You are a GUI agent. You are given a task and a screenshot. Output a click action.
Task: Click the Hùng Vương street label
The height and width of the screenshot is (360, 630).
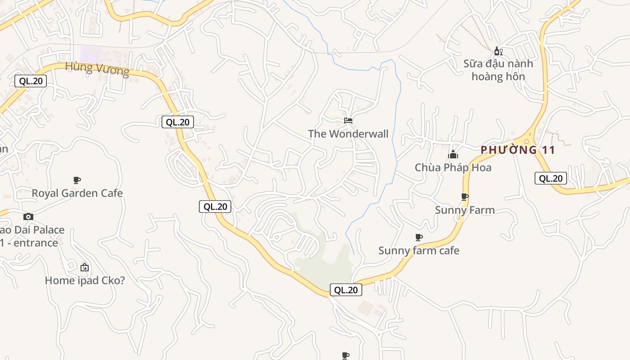tap(97, 69)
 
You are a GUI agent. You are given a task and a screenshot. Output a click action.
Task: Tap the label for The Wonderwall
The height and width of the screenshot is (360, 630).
tap(348, 134)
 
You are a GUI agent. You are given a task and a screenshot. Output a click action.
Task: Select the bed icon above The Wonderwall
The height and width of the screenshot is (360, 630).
tap(348, 121)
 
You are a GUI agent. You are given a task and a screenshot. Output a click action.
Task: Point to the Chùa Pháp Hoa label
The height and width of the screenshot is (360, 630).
tap(453, 167)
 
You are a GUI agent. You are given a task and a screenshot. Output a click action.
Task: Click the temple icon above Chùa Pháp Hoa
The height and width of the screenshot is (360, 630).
tap(453, 155)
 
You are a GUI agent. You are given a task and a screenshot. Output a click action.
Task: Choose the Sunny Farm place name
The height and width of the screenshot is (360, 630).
tap(464, 210)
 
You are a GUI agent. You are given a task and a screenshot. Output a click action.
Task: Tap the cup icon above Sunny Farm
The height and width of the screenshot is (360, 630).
tap(464, 197)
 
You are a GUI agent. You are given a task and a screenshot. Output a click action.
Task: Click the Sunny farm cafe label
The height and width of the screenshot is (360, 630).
tap(418, 250)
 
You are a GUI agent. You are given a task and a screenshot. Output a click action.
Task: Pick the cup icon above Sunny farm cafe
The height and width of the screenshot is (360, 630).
tap(418, 237)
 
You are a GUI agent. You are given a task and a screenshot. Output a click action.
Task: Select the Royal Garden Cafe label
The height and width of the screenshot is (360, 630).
tap(77, 193)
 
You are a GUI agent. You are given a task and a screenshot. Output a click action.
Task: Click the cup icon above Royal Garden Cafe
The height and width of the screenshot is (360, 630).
tap(77, 180)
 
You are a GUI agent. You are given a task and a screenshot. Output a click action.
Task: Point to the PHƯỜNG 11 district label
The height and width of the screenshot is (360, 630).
tap(518, 150)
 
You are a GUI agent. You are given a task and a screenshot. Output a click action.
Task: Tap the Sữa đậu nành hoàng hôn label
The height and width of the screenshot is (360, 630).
tap(498, 70)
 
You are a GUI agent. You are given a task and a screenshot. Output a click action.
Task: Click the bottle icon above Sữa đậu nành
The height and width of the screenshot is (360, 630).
tap(498, 51)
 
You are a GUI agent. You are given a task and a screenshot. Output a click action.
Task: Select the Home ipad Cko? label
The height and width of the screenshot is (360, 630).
tap(85, 280)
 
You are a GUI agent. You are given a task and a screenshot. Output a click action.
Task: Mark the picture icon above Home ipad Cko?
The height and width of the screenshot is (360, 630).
tap(84, 267)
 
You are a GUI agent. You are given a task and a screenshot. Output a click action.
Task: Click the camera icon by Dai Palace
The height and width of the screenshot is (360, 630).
tap(28, 217)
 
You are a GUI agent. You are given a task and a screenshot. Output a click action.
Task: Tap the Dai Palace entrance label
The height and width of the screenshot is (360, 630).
tap(31, 236)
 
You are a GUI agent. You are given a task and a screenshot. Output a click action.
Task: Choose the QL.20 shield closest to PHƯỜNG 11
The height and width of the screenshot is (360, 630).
tap(550, 178)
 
